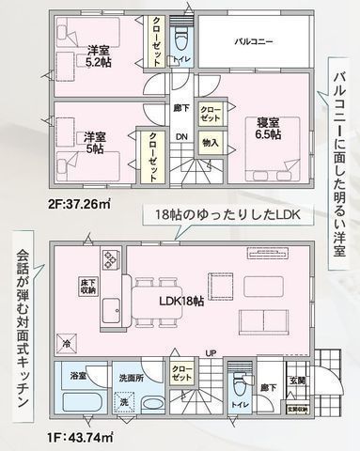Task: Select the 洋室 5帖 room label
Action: coord(95,141)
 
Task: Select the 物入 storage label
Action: coord(210,143)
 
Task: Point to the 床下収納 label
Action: coord(87,287)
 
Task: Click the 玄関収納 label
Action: coord(297,411)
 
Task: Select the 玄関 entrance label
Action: coord(297,381)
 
